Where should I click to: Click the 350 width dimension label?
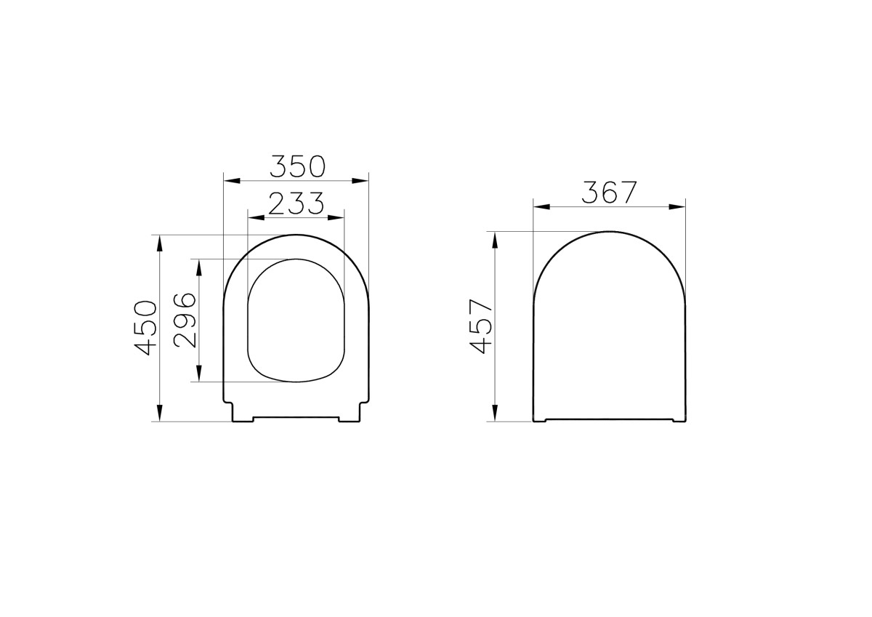tap(296, 166)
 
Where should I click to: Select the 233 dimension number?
tap(296, 204)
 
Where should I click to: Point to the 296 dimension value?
tap(186, 320)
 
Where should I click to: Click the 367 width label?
tap(609, 193)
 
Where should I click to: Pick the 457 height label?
tap(482, 326)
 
